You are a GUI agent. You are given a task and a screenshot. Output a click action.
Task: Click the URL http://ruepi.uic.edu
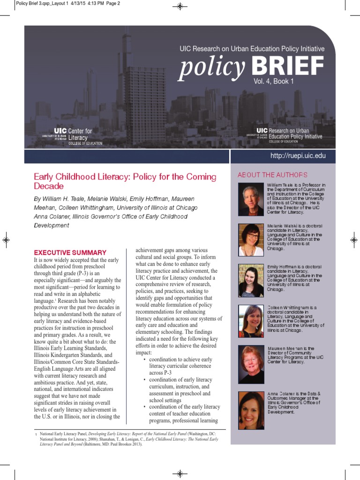tap(298, 156)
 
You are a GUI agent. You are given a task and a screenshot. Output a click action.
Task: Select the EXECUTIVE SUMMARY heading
tap(70, 252)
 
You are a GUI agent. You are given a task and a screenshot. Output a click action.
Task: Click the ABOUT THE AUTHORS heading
tap(272, 175)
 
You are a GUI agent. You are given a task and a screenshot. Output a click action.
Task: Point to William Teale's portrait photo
tap(251, 199)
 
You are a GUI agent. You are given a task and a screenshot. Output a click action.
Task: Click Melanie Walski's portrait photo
tap(251, 240)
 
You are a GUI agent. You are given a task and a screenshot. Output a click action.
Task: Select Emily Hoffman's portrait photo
tap(251, 280)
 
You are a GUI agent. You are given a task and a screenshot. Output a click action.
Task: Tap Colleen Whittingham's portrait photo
tap(251, 321)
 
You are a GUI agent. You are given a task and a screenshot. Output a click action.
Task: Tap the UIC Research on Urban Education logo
tap(285, 135)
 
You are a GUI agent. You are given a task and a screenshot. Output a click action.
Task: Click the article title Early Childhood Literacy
tap(125, 181)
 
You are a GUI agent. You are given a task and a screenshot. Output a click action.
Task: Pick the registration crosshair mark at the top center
tap(180, 7)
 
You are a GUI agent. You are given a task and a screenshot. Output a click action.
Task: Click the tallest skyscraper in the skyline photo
tap(127, 80)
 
